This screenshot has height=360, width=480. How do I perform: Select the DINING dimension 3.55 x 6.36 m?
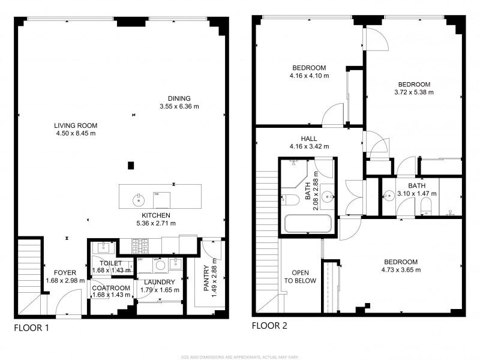click(x=179, y=106)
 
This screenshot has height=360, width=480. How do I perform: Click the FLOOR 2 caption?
click(x=270, y=326)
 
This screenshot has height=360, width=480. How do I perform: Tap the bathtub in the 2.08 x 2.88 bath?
click(x=307, y=224)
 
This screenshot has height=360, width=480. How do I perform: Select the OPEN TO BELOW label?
click(x=299, y=277)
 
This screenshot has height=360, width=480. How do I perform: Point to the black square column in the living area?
click(x=131, y=166)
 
